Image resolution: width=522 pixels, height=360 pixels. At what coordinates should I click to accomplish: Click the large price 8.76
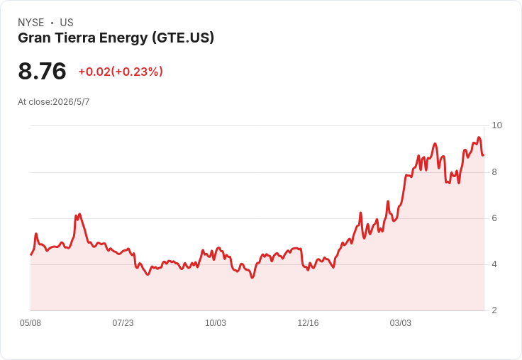pos(42,71)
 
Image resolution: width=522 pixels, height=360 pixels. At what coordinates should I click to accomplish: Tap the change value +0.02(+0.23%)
pos(121,72)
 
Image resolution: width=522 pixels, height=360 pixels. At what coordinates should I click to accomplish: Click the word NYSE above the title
pos(31,23)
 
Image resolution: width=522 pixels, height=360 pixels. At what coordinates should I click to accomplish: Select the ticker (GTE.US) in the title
pos(183,38)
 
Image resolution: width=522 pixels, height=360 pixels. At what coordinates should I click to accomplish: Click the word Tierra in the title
pos(75,38)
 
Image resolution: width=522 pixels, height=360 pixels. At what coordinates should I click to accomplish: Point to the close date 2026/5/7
pos(71,102)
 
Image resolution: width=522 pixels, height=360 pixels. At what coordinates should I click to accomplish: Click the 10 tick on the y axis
pos(496,125)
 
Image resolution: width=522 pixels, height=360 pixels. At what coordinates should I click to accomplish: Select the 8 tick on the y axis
pos(494,172)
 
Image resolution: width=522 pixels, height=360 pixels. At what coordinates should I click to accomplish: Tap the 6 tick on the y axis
pos(494,218)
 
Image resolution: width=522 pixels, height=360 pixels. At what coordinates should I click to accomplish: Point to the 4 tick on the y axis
pos(494,264)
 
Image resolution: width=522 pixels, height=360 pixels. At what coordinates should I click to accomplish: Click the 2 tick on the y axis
pos(494,310)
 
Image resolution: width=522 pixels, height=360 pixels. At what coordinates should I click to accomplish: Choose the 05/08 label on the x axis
pos(30,323)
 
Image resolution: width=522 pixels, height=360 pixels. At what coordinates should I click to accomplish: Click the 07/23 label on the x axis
pos(123,323)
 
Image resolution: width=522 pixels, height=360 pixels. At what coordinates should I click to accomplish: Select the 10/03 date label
pos(216,323)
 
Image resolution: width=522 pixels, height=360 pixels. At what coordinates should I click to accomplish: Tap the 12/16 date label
pos(308,323)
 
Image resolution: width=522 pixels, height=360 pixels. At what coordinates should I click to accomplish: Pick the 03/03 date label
pos(401,323)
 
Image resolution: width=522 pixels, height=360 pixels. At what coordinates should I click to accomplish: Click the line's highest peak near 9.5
pos(479,137)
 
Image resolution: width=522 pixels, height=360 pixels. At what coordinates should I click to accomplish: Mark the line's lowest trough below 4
pos(252,278)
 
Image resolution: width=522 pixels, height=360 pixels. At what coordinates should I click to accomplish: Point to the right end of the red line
pos(484,155)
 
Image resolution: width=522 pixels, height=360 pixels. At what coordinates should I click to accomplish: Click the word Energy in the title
pos(123,38)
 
